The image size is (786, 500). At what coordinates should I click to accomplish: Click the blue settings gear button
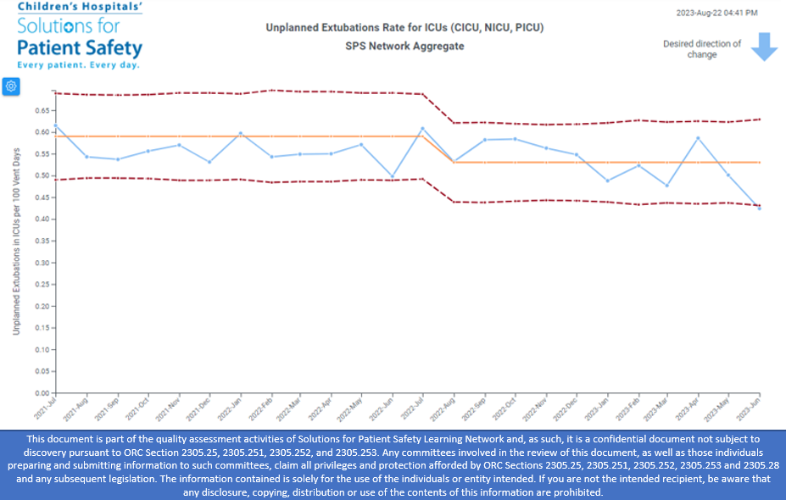coord(11,86)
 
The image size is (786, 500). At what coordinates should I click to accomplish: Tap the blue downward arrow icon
coord(764,47)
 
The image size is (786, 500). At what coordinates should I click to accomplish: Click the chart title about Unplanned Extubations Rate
coord(404,28)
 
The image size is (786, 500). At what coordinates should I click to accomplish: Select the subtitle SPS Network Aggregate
coord(404,46)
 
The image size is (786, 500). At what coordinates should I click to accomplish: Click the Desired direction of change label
coord(702,49)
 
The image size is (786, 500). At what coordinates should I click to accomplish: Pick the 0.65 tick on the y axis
coord(41,110)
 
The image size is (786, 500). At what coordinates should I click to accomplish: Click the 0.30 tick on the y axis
coord(41,263)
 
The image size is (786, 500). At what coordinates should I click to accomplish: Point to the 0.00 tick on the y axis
coord(41,393)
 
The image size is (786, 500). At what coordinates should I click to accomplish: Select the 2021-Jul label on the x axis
coord(44,409)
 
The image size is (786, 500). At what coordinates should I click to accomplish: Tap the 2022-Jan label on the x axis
coord(229,410)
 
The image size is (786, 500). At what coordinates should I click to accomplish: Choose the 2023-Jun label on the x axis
coord(749,410)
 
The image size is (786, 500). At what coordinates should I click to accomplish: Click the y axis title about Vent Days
coord(16,241)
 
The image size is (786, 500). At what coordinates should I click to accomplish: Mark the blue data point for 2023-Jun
coord(759,208)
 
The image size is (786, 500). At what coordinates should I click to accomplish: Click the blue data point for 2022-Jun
coord(392,176)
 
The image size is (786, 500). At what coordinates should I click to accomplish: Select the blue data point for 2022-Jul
coord(422,129)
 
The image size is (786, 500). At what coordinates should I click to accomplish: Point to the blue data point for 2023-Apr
coord(698,137)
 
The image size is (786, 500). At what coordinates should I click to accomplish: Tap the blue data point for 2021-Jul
coord(55,125)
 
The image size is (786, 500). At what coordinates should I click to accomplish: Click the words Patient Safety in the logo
coord(80,47)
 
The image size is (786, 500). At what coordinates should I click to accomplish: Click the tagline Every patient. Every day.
coord(78,65)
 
